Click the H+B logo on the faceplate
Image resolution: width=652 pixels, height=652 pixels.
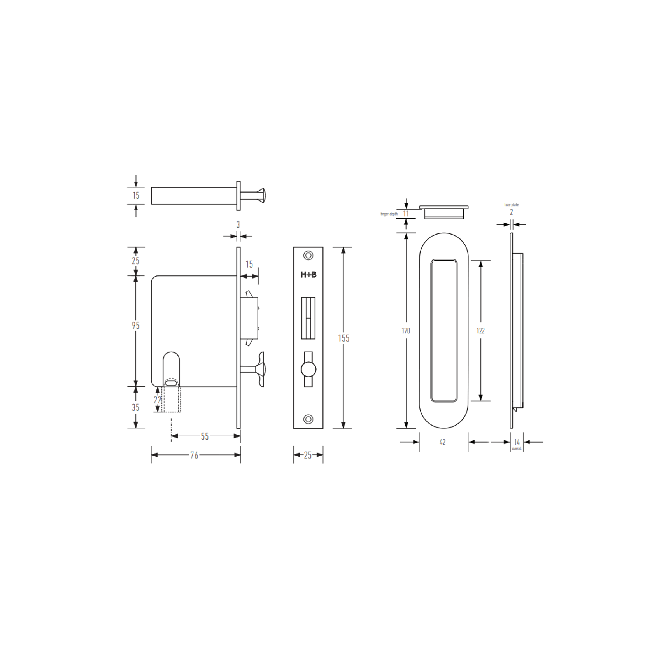pos(308,275)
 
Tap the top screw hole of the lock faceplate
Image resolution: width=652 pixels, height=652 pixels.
pos(308,256)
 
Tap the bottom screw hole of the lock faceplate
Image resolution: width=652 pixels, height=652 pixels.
pos(308,419)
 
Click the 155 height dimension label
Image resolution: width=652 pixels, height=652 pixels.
pos(344,338)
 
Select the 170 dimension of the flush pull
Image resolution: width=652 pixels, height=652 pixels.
pos(406,331)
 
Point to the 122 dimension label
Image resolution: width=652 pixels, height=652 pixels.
pos(480,331)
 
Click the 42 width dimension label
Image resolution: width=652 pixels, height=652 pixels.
pos(442,442)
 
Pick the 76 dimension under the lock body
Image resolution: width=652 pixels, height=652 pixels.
pos(194,455)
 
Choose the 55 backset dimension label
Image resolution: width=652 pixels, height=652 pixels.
pos(205,436)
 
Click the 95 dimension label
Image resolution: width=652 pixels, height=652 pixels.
pos(135,326)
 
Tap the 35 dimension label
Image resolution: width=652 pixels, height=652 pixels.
pos(135,407)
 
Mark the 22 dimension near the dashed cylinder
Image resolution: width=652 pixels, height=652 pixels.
pos(157,400)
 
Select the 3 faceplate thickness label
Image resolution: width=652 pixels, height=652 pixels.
pos(238,224)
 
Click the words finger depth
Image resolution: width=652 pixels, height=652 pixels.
pos(389,214)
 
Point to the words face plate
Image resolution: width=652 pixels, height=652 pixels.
pos(511,205)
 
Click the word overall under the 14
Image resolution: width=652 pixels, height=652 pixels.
pos(516,449)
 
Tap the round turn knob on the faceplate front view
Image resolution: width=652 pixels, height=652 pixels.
pos(308,369)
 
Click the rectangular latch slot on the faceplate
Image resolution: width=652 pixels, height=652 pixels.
pos(308,318)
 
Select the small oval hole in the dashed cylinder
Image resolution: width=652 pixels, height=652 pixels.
pos(171,383)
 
